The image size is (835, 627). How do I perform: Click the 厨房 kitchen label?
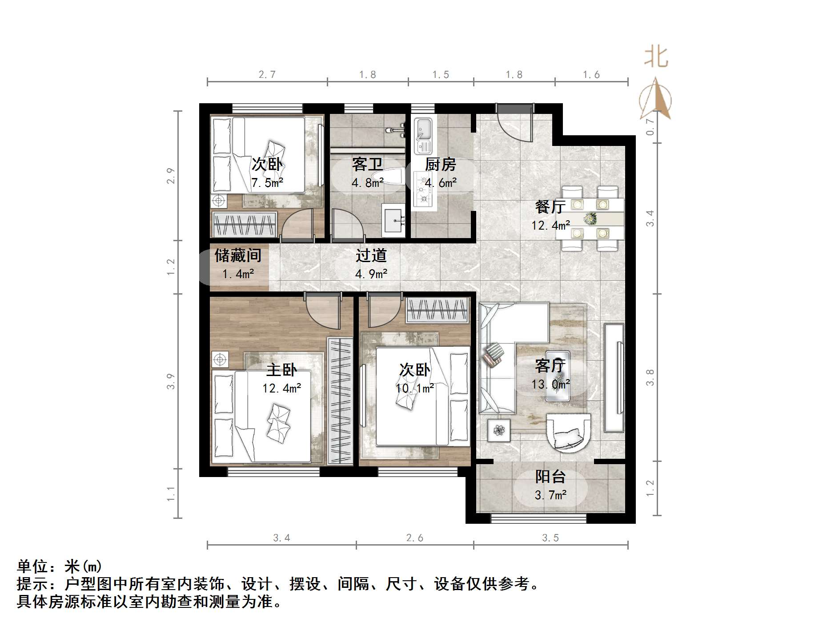coord(440,165)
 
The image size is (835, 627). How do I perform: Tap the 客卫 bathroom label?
coord(367,165)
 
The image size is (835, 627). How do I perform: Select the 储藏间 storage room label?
coord(238,255)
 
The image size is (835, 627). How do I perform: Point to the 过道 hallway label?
coord(371,255)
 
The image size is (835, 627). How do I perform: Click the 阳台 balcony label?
coord(550,477)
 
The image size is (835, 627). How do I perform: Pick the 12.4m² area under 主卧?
coord(282,388)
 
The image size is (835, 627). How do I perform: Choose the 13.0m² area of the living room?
coord(550,384)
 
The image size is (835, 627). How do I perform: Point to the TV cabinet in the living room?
coord(614,378)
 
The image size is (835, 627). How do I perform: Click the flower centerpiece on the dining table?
coord(590,218)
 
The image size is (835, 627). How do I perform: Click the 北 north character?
coord(656,57)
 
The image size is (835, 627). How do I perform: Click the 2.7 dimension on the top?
coord(267,74)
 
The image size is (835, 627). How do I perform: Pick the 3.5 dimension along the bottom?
coord(550,538)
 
